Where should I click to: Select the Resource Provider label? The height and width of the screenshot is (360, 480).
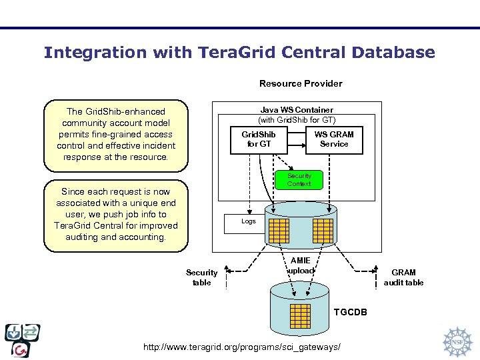point(301,83)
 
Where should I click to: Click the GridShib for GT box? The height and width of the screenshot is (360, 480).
point(259,139)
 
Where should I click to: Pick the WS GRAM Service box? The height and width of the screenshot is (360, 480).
point(334,139)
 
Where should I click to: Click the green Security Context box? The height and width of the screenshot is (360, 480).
point(299,180)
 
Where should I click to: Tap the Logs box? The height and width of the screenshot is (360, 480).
point(249,221)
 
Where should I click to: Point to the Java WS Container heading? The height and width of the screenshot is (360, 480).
point(297,110)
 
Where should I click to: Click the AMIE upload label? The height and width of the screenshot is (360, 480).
point(300,266)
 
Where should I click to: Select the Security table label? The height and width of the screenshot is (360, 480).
point(201,277)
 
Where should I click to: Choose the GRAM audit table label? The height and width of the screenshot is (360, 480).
point(403,277)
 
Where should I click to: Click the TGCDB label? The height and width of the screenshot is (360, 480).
point(350,311)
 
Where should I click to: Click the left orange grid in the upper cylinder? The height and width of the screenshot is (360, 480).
point(277,230)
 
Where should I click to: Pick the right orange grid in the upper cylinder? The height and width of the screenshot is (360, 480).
point(323,230)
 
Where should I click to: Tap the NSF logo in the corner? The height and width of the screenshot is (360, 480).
point(458,341)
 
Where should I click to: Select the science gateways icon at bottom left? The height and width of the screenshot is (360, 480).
point(23,340)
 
